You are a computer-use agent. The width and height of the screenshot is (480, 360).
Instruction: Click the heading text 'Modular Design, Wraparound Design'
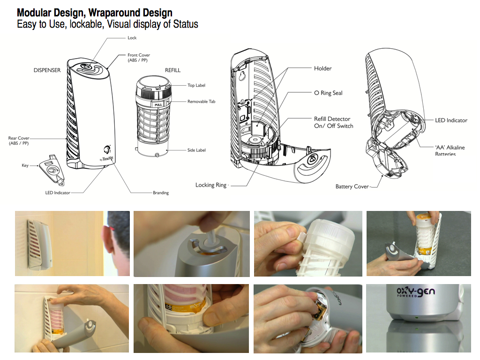94,13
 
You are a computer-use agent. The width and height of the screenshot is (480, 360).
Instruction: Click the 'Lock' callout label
132,38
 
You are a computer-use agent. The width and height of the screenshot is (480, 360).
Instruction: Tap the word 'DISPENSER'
47,70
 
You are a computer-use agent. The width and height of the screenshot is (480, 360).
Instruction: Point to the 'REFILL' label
172,70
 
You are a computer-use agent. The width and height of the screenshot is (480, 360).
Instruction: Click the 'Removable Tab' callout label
201,102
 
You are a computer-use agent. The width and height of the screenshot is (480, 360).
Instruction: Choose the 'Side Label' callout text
196,150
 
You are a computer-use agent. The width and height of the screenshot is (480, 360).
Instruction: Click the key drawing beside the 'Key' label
51,168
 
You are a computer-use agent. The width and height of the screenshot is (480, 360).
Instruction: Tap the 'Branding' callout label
160,193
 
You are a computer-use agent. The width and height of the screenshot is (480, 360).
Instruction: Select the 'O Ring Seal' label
328,93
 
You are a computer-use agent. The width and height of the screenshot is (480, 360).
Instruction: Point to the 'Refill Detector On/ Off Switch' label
333,122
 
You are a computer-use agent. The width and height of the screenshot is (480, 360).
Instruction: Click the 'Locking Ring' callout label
211,185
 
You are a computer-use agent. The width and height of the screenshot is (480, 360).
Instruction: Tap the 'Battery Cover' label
352,187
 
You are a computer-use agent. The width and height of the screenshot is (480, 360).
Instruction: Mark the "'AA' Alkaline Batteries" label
450,150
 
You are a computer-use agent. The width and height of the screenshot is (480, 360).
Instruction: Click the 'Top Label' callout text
196,85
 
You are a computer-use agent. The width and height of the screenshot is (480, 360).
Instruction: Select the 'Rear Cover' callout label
19,141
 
